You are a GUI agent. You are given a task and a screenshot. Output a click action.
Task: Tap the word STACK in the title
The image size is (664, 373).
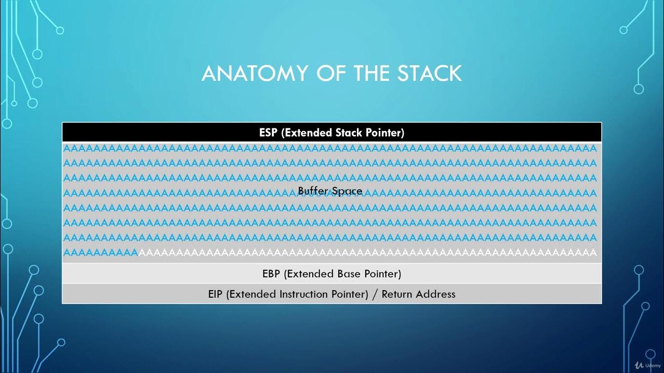pos(430,74)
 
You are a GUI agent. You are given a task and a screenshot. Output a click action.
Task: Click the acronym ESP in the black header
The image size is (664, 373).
pos(269,133)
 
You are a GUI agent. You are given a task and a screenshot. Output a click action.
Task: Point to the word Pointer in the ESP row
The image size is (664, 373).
pos(384,133)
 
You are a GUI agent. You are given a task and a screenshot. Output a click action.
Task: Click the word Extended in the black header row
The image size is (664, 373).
pos(306,133)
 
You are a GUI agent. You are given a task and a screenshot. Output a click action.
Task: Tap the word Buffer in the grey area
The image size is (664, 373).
pos(312,191)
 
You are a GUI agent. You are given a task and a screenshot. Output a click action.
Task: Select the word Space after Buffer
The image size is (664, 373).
pos(346,191)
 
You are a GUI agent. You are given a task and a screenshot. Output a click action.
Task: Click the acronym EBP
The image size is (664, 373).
pos(272,274)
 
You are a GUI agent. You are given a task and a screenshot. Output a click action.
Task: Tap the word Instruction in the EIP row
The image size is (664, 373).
pos(304,294)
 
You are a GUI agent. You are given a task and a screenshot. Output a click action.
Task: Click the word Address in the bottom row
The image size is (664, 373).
pos(436,294)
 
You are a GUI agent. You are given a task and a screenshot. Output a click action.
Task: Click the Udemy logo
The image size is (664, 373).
pos(642,365)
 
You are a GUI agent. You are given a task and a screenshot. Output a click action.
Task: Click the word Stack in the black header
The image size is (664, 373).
pos(348,133)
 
